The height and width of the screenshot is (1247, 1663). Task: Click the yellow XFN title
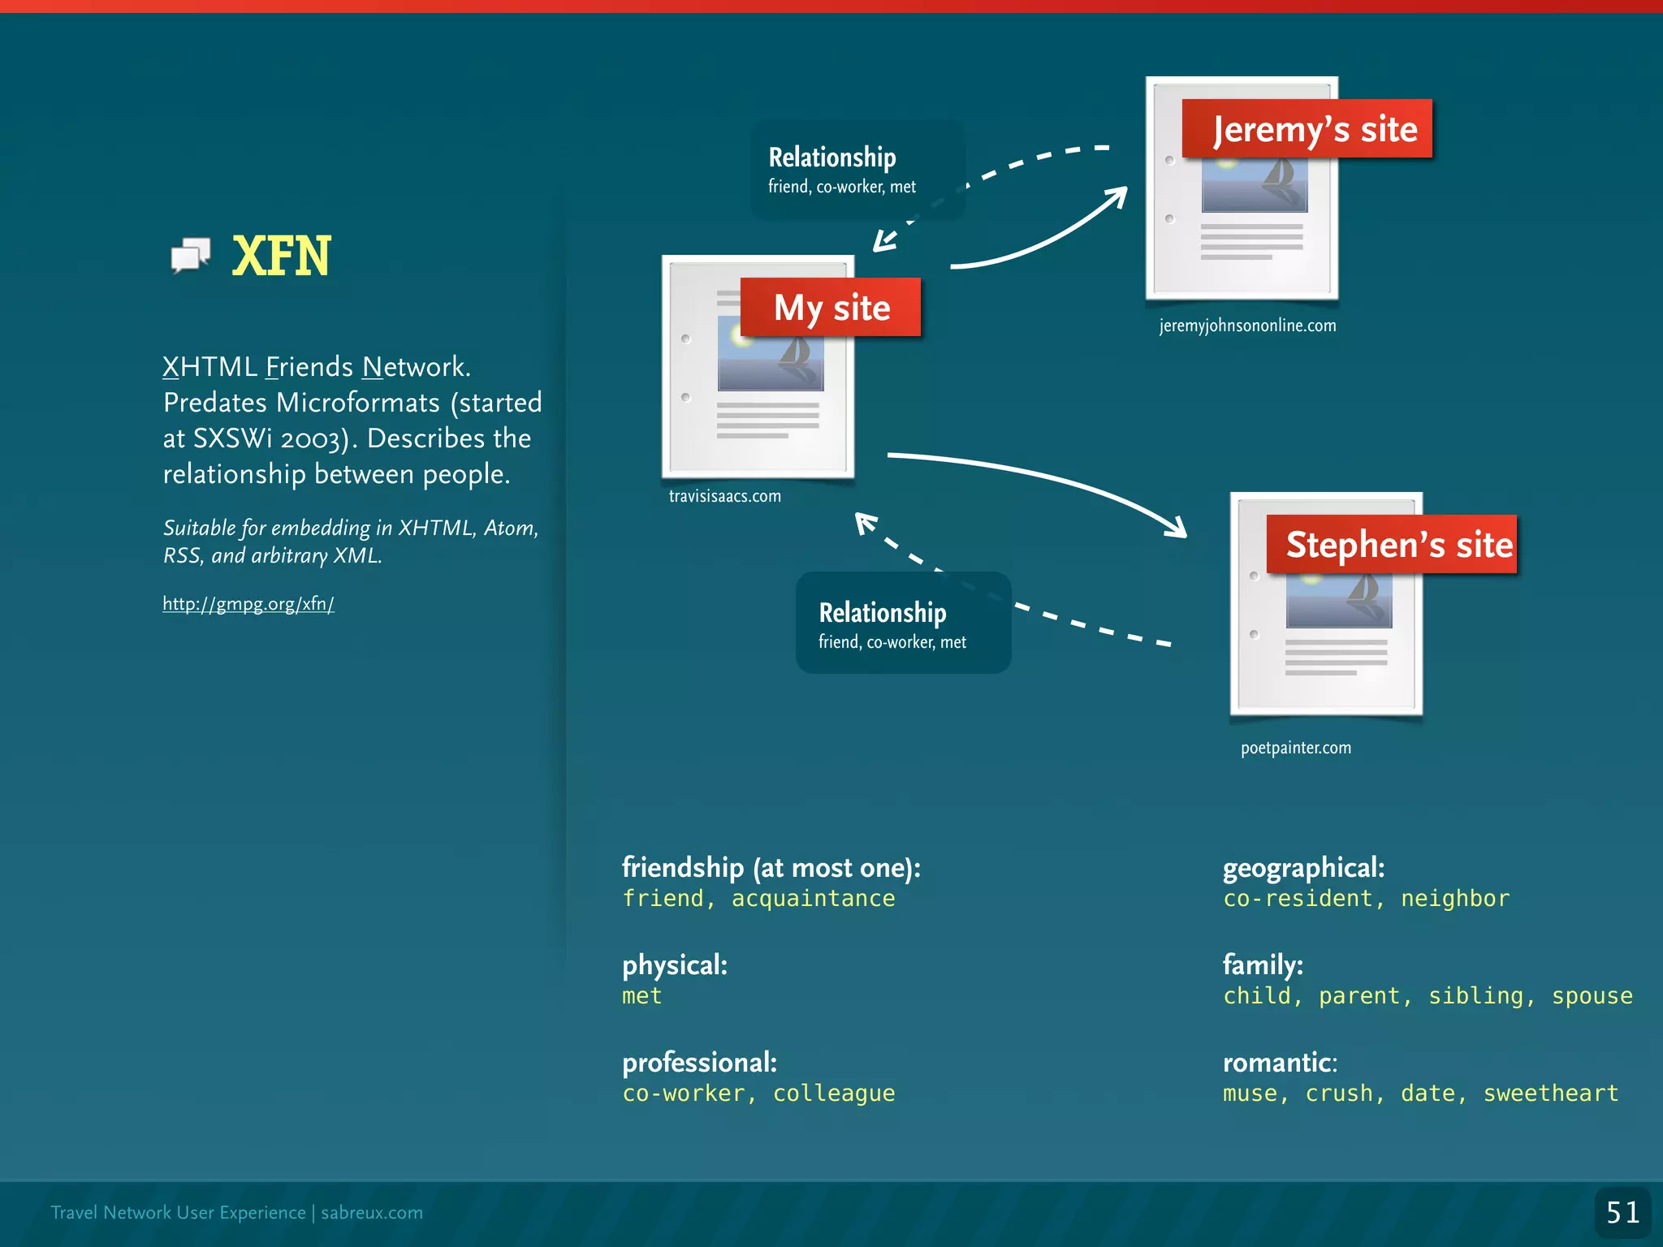pos(281,256)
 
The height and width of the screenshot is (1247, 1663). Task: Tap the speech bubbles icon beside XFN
pos(191,255)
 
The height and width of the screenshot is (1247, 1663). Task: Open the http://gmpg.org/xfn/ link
pos(248,604)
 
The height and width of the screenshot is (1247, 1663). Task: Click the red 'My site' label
pos(831,308)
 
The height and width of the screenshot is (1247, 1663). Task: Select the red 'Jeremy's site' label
pos(1307,129)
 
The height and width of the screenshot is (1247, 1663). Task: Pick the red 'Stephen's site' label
pos(1392,545)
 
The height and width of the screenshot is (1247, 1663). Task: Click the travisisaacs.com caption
pos(724,496)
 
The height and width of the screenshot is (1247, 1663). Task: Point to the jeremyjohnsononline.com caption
pos(1247,326)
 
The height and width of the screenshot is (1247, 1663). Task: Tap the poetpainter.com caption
pos(1296,748)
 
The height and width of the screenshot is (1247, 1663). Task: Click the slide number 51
pos(1622,1213)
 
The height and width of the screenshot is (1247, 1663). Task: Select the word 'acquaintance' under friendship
pos(813,899)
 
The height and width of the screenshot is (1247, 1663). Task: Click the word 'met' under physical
pos(641,996)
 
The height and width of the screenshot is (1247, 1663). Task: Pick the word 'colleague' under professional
pos(834,1094)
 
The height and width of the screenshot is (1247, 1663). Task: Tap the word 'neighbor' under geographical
pos(1455,899)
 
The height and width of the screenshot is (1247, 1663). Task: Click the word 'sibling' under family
pos(1475,996)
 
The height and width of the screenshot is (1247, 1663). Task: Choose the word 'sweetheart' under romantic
pos(1551,1094)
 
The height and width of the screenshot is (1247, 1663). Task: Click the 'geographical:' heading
pos(1303,868)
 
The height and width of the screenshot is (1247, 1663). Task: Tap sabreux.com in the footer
pos(372,1213)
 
